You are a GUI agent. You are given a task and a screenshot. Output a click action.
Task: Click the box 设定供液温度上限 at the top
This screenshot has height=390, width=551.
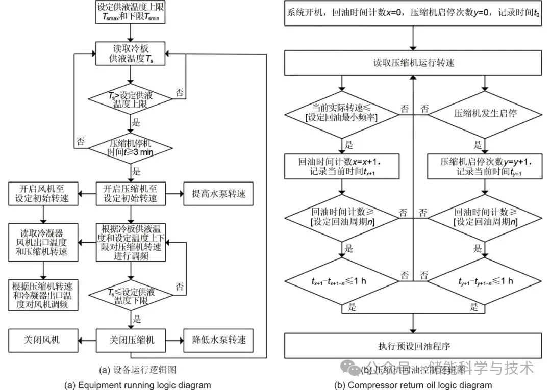132,13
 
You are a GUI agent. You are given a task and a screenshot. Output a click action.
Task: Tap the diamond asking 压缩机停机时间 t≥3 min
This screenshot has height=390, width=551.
132,148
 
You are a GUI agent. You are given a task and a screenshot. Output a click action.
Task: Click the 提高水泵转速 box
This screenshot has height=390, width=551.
218,194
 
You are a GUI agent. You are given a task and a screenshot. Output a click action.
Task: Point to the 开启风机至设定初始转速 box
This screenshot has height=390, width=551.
42,194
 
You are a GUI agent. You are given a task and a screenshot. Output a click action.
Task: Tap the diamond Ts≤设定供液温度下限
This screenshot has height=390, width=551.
132,297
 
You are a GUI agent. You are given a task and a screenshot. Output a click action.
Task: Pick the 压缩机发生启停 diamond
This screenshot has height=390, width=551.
478,114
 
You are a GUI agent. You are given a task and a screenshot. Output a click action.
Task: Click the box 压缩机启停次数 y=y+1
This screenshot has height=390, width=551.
478,166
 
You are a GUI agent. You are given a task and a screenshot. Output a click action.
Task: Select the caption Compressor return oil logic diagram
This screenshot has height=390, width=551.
413,385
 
